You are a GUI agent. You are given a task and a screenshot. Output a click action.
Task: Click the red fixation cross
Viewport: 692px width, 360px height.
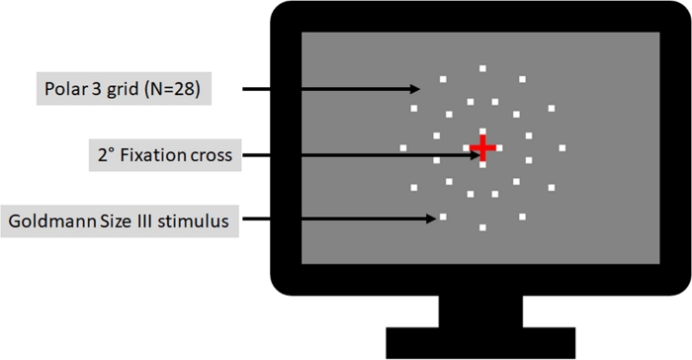click(482, 148)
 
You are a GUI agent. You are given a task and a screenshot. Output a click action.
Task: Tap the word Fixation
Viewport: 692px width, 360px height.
click(160, 155)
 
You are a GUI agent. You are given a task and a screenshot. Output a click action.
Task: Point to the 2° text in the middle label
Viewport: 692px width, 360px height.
click(104, 155)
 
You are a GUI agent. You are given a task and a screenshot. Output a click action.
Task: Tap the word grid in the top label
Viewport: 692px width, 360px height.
click(122, 90)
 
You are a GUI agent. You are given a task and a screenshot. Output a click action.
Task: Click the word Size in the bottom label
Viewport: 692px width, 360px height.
click(115, 221)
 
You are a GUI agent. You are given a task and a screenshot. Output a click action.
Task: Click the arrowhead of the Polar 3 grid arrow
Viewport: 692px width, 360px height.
click(414, 90)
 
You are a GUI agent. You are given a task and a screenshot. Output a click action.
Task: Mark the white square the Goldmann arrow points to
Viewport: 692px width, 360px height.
click(443, 217)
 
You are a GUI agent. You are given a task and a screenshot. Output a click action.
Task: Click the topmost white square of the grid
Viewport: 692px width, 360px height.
click(482, 68)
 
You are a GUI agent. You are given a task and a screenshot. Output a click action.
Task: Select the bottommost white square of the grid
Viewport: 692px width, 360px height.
click(482, 228)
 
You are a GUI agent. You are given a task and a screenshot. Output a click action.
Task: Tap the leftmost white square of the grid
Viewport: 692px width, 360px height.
click(403, 148)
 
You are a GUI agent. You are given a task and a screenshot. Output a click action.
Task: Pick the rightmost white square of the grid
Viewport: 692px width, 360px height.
click(562, 148)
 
